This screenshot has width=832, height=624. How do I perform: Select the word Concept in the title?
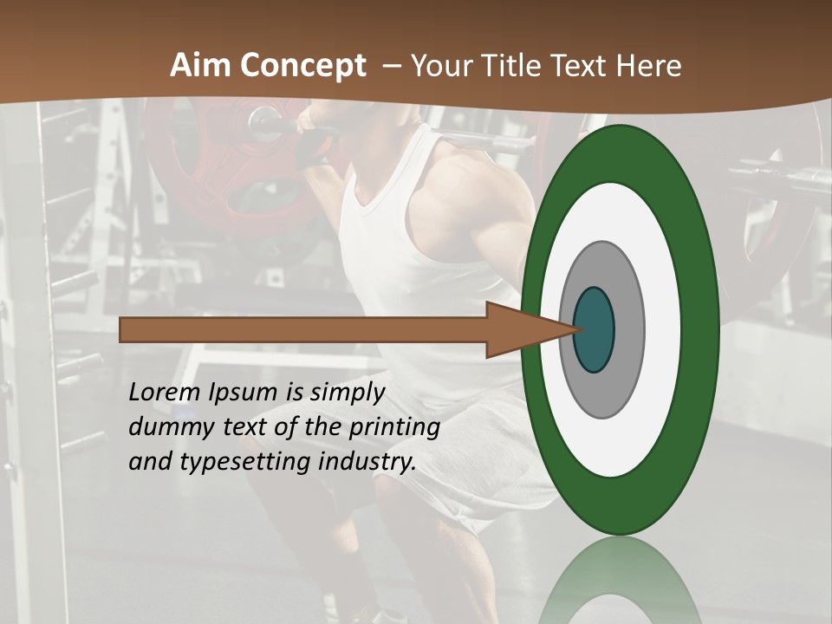pyautogui.click(x=303, y=67)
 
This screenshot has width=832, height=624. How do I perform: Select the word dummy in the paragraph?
pyautogui.click(x=167, y=427)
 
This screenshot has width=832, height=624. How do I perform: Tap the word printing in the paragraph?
pyautogui.click(x=394, y=427)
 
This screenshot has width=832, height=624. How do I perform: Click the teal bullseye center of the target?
pyautogui.click(x=595, y=329)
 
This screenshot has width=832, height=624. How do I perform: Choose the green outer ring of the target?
pyautogui.click(x=700, y=329)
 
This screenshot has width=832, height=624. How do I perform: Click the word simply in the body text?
pyautogui.click(x=347, y=393)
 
